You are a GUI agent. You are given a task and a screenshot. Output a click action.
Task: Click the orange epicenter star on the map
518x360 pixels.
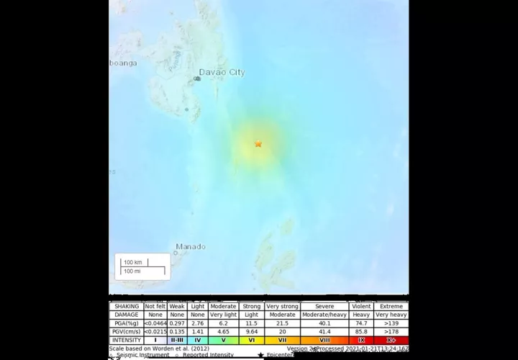tap(258, 144)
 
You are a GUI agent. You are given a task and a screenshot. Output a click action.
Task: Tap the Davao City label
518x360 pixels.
tap(222, 73)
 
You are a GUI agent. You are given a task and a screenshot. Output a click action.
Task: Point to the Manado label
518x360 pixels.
tap(191, 246)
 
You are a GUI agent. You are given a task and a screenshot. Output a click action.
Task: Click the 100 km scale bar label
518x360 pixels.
tap(132, 262)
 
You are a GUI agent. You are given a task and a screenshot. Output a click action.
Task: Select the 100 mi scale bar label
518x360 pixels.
tap(132, 271)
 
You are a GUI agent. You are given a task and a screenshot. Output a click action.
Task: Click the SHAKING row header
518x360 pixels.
tap(126, 307)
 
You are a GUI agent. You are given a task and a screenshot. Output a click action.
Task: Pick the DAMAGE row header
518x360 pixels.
tap(126, 315)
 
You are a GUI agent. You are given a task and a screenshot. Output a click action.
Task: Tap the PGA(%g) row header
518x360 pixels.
tap(126, 323)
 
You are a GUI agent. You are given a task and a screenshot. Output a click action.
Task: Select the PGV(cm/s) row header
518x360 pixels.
tap(126, 331)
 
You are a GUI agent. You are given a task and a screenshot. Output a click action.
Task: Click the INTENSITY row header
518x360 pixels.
tap(126, 340)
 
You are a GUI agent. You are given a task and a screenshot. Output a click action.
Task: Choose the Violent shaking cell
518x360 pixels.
tap(361, 307)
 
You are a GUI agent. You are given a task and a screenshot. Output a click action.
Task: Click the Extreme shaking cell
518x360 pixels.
tap(391, 307)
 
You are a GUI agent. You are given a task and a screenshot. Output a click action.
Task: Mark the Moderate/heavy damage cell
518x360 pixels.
tap(324, 315)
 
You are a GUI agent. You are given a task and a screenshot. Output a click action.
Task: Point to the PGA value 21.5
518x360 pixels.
tap(283, 323)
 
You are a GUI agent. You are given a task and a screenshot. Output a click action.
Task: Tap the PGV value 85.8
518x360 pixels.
tap(361, 331)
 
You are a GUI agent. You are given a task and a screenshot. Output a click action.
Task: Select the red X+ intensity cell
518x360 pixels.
tap(391, 340)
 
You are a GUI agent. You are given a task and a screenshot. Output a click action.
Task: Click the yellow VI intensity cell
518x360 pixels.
tap(251, 340)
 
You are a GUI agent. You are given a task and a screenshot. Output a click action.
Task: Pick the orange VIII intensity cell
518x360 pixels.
tap(324, 340)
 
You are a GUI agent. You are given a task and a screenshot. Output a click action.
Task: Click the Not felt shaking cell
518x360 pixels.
tap(155, 307)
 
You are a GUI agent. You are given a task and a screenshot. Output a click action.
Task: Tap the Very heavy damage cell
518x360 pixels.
tap(391, 315)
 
